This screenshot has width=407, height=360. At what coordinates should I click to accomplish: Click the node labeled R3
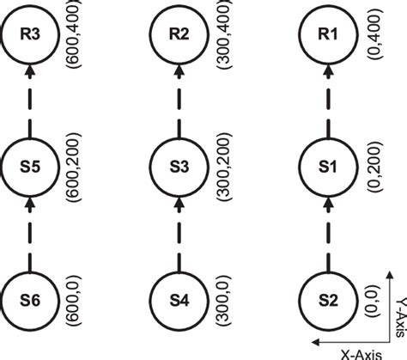[30, 34]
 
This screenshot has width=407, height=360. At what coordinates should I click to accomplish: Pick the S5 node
[30, 168]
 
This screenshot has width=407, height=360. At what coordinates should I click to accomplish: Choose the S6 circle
[30, 302]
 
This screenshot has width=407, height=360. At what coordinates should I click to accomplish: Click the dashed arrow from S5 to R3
[30, 101]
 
